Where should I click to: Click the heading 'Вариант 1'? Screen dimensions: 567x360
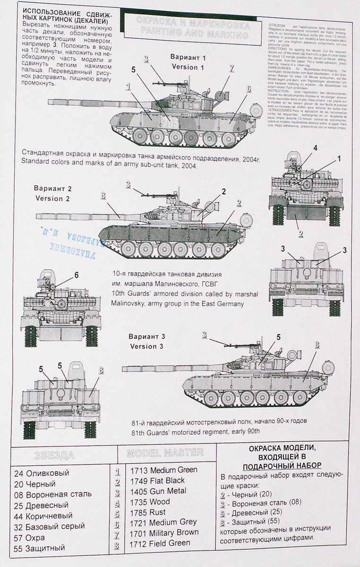pyautogui.click(x=188, y=57)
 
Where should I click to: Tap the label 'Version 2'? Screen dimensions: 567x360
pyautogui.click(x=52, y=198)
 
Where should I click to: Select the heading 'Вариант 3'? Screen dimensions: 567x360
pyautogui.click(x=146, y=336)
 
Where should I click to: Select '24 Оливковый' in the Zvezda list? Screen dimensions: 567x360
pyautogui.click(x=41, y=473)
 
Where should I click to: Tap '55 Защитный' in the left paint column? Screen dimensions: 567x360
pyautogui.click(x=39, y=548)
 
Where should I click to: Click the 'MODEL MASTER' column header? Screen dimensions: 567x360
pyautogui.click(x=165, y=453)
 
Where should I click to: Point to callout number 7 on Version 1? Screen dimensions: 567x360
pyautogui.click(x=231, y=68)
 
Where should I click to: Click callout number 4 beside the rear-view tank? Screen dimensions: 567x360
pyautogui.click(x=315, y=148)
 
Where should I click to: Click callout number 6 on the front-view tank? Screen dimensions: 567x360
pyautogui.click(x=76, y=275)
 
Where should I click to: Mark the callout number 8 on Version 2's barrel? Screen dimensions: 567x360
pyautogui.click(x=103, y=195)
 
